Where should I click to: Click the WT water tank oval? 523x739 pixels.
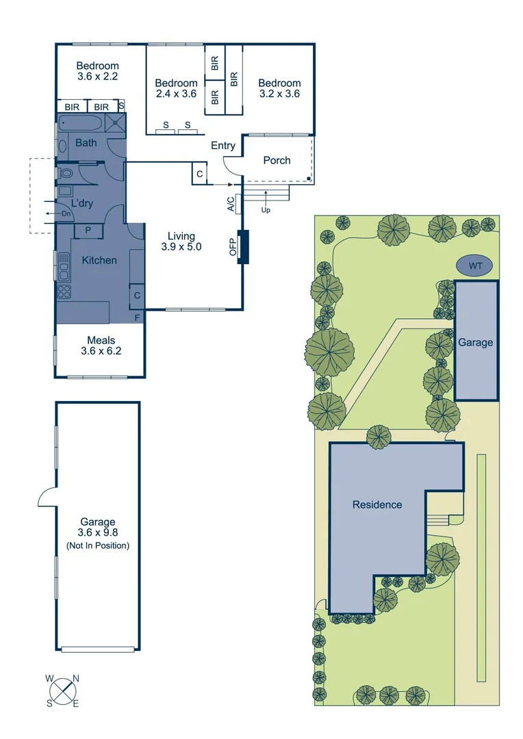474,265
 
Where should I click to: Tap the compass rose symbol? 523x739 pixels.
63,690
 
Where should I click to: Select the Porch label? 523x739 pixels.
277,160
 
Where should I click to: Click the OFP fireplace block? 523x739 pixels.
242,246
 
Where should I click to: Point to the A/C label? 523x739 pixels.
231,203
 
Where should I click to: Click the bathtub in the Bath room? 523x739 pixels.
81,125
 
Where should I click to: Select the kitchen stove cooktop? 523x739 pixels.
64,291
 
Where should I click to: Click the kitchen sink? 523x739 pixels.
64,266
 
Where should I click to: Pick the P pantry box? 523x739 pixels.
88,231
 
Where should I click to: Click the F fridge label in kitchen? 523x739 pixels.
137,317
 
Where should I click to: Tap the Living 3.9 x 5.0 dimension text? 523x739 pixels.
181,242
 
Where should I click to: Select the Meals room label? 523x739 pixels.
100,346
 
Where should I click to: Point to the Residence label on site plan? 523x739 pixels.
377,504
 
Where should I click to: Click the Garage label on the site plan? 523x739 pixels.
475,342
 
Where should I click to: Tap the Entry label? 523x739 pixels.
223,146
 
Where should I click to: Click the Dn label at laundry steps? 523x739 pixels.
66,213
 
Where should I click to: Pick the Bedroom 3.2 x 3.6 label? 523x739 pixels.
279,88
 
